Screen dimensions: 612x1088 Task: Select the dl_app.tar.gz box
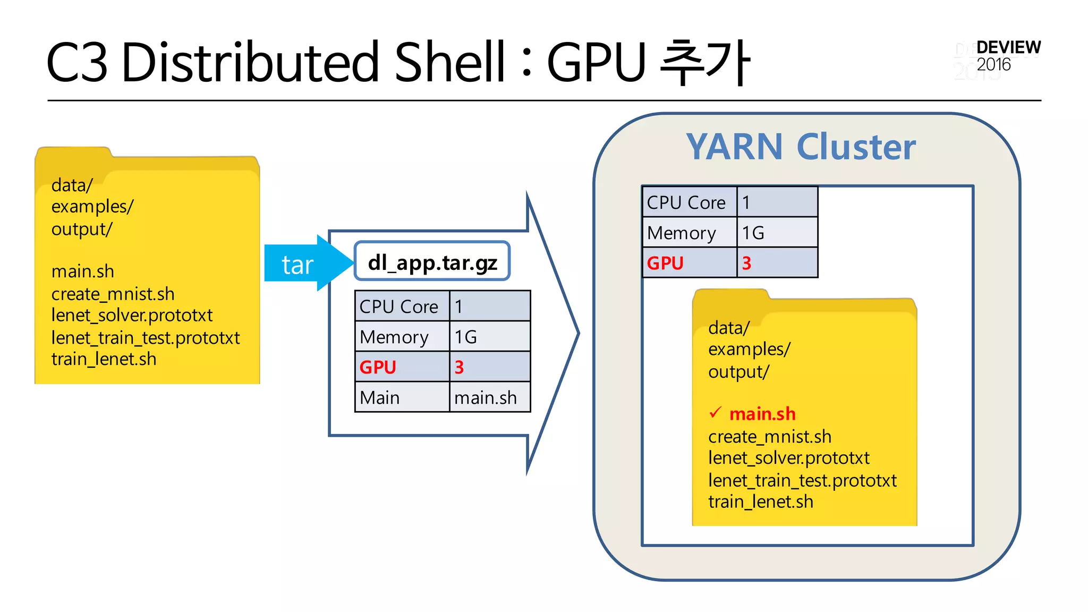(432, 261)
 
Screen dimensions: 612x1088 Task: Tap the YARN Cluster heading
(801, 147)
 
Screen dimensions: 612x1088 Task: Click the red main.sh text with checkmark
(762, 413)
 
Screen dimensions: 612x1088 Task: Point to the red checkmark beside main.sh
(716, 412)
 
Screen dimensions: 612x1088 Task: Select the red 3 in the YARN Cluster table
(746, 263)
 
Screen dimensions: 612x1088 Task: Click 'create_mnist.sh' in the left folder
(113, 294)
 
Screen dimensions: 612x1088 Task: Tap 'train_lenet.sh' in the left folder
(104, 359)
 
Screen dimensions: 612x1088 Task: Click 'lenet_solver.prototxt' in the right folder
(788, 458)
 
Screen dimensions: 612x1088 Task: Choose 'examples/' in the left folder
(92, 206)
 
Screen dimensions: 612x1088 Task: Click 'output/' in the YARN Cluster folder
(738, 372)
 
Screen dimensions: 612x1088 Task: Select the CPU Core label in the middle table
(399, 307)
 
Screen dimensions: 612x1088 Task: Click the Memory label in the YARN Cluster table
(682, 233)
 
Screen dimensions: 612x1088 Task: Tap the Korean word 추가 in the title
(705, 63)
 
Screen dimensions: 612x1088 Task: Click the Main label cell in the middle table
(379, 397)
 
